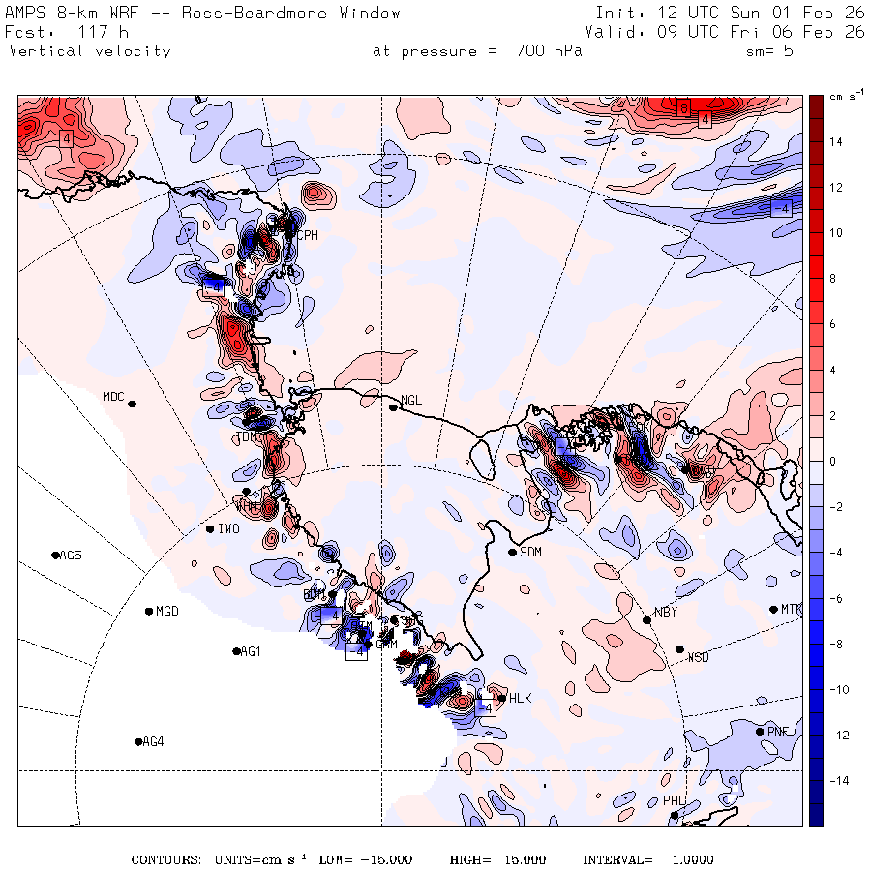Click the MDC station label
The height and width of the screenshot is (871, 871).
coord(113,396)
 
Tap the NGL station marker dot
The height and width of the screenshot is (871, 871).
coord(394,407)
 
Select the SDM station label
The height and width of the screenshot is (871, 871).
coord(531,553)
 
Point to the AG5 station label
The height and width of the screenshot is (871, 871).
coord(71,556)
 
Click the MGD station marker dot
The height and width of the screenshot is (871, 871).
coord(148,612)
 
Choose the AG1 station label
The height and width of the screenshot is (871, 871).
coord(251,652)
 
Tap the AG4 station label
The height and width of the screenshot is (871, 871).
coord(153,742)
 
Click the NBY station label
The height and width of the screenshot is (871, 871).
coord(666,612)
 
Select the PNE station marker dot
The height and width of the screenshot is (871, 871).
coord(760,732)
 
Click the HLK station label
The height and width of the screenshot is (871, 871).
coord(521,698)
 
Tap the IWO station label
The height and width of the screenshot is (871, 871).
coord(228,529)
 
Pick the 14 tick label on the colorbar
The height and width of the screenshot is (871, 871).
coord(834,142)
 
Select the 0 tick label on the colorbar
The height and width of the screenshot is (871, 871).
coord(832,462)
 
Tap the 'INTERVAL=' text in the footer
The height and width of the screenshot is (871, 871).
coord(617,860)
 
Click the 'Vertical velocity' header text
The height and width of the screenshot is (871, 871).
coord(89,51)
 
